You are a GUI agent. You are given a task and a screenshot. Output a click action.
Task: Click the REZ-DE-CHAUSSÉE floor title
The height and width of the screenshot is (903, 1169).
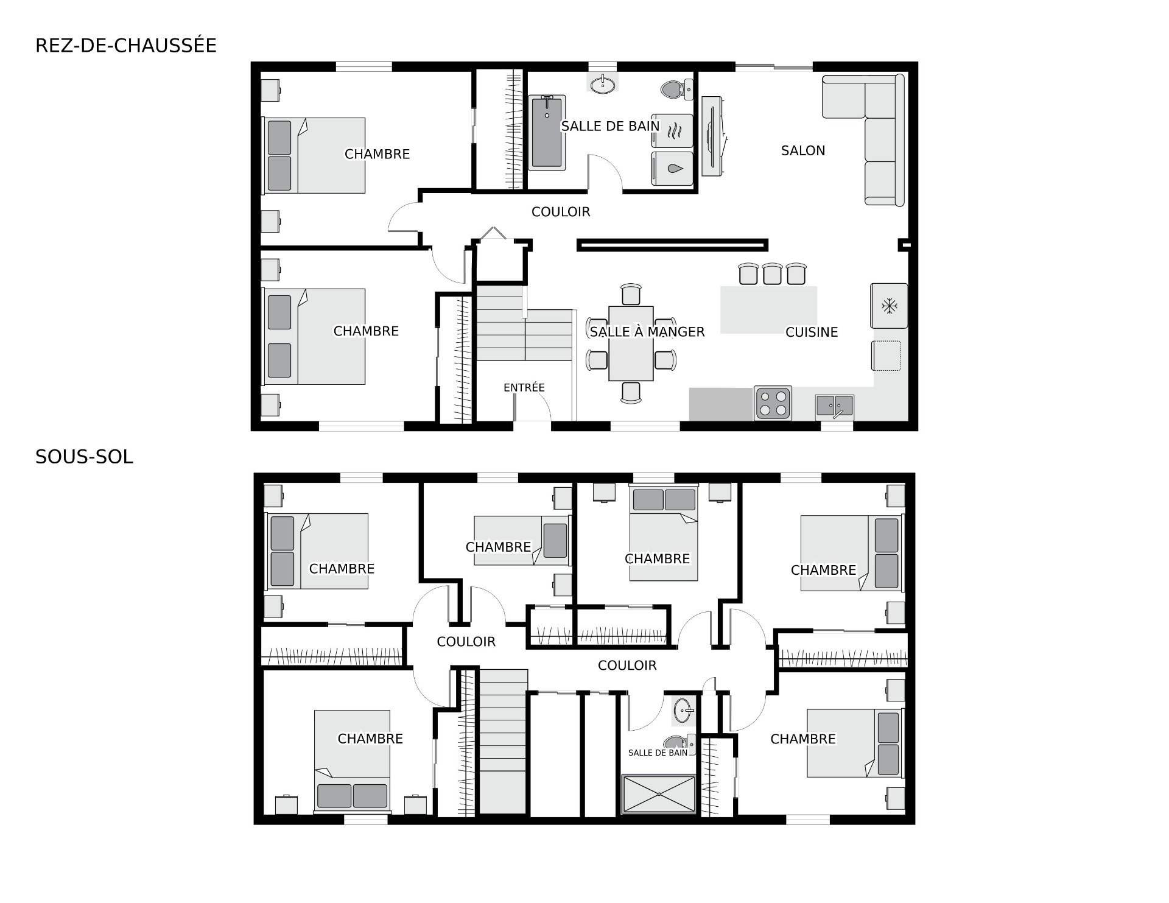[x=126, y=46]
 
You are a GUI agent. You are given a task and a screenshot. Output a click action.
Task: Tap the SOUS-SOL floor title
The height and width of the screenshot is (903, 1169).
[x=84, y=457]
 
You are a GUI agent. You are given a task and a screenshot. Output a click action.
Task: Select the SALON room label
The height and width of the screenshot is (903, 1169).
[x=803, y=150]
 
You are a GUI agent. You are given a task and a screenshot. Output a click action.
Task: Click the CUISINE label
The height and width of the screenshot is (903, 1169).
[x=812, y=332]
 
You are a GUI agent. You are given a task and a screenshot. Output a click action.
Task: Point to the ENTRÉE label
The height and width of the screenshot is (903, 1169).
[x=524, y=387]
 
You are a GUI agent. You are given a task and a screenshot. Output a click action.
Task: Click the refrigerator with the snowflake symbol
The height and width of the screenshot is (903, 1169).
[x=889, y=306]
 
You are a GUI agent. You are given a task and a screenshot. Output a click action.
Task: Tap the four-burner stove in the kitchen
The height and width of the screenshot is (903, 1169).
[x=773, y=403]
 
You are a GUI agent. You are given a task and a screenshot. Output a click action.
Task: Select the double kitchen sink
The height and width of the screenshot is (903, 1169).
[x=835, y=406]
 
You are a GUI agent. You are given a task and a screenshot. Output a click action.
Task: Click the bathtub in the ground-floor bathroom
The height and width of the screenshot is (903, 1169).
[x=547, y=132]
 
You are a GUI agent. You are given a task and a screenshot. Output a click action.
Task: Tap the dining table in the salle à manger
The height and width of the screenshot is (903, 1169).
[x=631, y=343]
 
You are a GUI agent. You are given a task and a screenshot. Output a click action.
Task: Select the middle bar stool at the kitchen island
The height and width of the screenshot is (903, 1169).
[x=772, y=273]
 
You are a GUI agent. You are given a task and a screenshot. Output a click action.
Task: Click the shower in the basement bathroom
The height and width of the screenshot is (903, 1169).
[x=658, y=794]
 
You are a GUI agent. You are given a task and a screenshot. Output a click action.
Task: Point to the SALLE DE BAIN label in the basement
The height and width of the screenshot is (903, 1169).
[x=658, y=753]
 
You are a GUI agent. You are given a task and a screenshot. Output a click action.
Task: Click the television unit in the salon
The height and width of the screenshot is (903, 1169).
[x=714, y=136]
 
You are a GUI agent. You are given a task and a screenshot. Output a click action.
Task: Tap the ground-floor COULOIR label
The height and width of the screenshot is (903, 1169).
[x=561, y=212]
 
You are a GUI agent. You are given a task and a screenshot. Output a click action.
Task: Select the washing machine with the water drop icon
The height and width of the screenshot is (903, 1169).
[x=672, y=168]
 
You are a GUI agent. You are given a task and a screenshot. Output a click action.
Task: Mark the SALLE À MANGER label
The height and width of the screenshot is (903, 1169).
[x=647, y=332]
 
